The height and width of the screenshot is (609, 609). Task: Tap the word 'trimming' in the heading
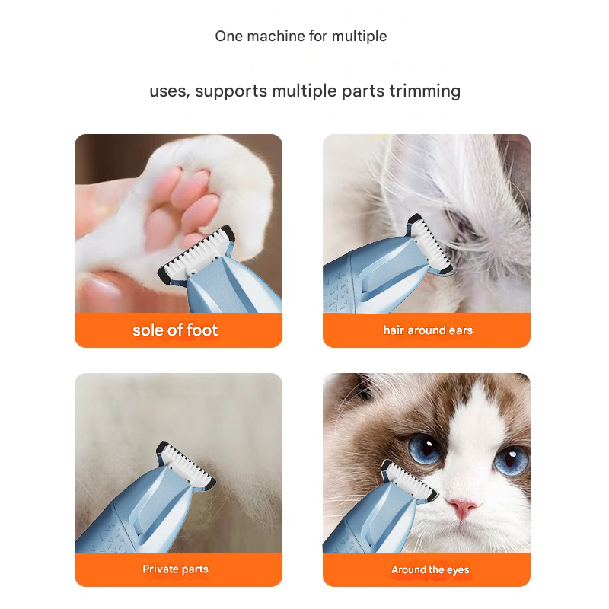pyautogui.click(x=425, y=91)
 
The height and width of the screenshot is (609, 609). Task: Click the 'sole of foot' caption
pyautogui.click(x=175, y=330)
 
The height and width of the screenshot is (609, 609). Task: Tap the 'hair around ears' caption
pyautogui.click(x=427, y=330)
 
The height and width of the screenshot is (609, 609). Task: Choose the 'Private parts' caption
pyautogui.click(x=175, y=569)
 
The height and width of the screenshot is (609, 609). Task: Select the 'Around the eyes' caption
pyautogui.click(x=430, y=569)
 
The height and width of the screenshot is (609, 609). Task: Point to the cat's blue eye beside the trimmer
pyautogui.click(x=423, y=448)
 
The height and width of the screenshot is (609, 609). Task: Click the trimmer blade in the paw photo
pyautogui.click(x=199, y=251)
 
